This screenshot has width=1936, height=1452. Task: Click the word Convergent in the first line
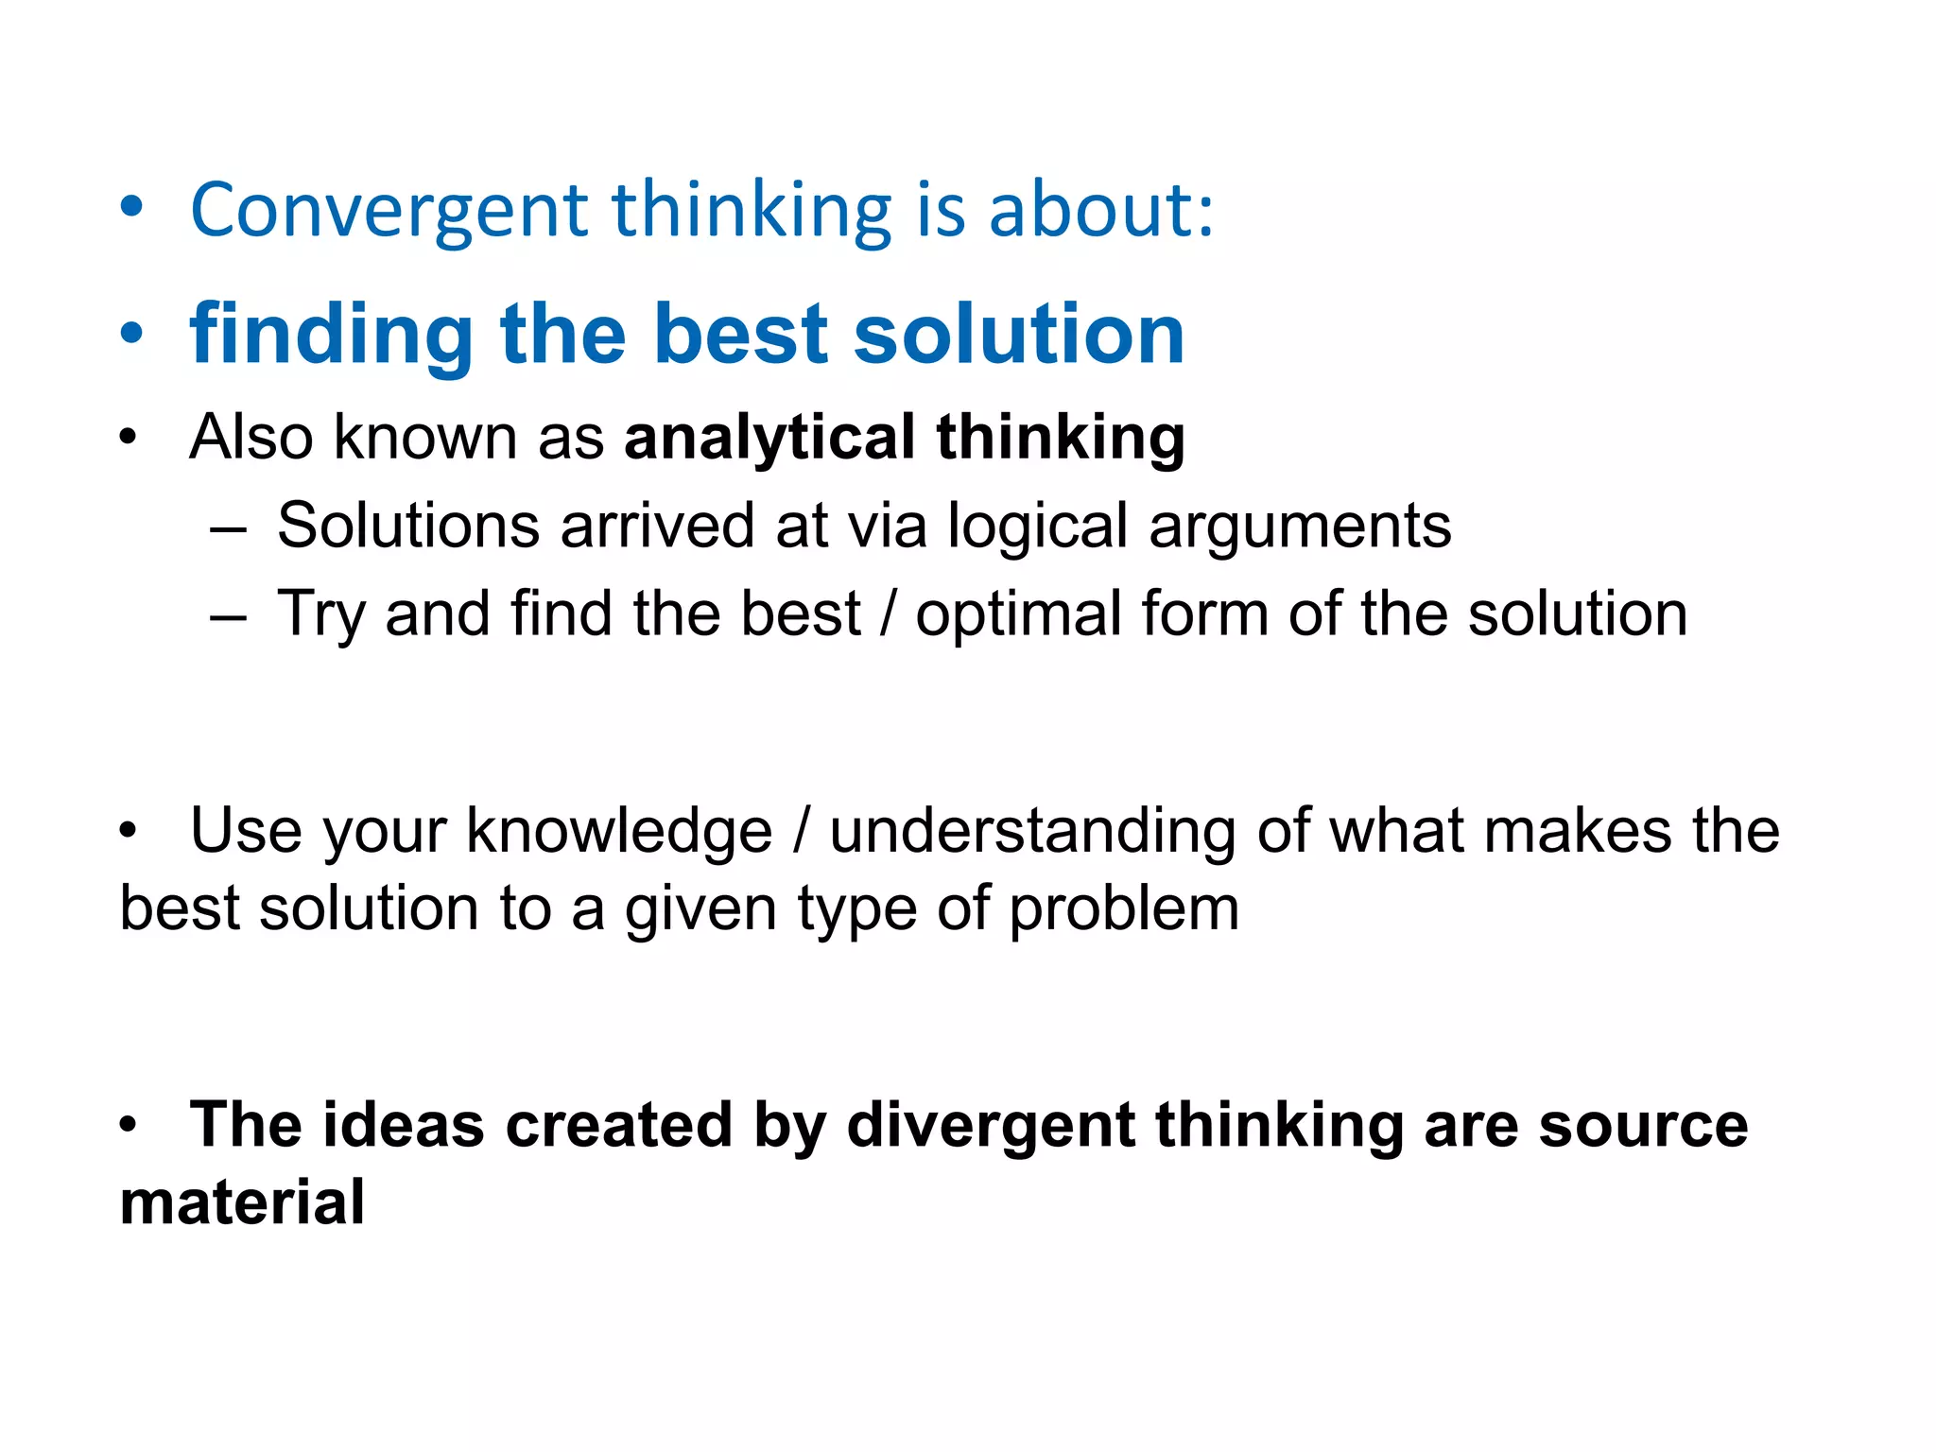pos(389,211)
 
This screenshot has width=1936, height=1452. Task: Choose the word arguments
pos(1300,527)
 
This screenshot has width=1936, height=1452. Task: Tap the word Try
pos(320,615)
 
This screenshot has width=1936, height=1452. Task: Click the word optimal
pos(1018,615)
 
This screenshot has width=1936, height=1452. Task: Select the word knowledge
pos(619,832)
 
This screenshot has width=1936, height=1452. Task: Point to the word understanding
pos(1032,832)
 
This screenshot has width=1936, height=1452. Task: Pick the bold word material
pos(242,1203)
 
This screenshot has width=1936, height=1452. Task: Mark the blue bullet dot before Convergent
pos(131,211)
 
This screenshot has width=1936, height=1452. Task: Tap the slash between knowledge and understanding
pos(802,832)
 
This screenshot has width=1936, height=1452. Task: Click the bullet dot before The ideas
pos(129,1126)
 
